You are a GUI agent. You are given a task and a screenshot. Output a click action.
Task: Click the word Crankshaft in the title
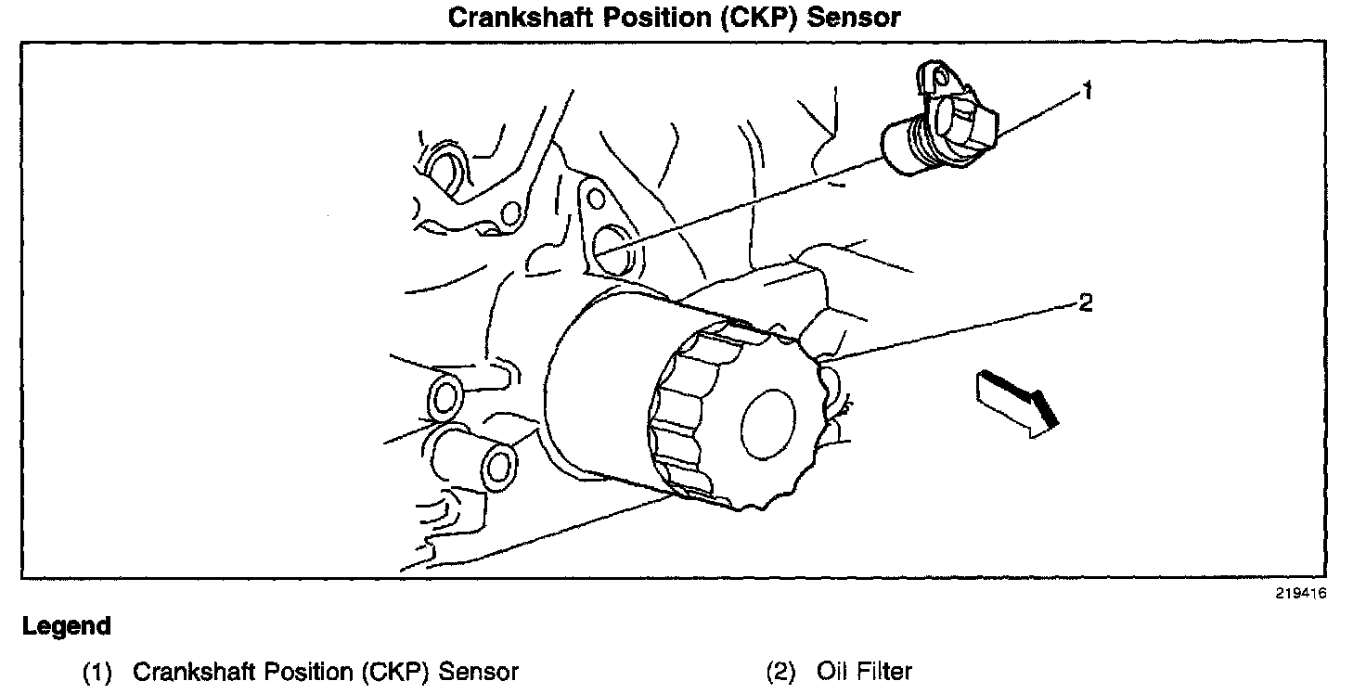click(x=521, y=17)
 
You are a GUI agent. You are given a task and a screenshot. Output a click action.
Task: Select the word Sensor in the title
click(x=854, y=17)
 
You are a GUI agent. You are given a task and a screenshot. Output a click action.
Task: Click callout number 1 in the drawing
click(x=1087, y=91)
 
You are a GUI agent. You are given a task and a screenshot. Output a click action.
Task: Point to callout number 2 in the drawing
click(x=1086, y=302)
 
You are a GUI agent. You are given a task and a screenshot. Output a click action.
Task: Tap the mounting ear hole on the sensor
click(x=940, y=77)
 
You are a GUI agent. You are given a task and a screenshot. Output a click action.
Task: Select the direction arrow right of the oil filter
click(x=1017, y=404)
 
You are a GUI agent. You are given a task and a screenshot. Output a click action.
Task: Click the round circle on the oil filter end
click(x=768, y=424)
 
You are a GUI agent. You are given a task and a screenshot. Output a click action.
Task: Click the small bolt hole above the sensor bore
click(x=596, y=199)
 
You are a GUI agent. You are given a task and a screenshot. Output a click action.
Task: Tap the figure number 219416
click(x=1300, y=594)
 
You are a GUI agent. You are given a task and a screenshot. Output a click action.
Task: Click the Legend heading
click(x=67, y=626)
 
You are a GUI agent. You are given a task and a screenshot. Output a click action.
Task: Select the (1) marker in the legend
click(x=97, y=672)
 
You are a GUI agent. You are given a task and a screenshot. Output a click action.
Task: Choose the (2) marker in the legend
click(x=780, y=672)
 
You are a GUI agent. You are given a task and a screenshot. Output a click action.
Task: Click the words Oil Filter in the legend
click(x=864, y=672)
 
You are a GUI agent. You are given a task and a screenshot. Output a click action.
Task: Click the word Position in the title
click(x=657, y=17)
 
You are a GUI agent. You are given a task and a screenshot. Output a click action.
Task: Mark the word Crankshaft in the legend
click(x=194, y=672)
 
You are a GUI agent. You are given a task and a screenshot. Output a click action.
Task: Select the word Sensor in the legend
click(x=479, y=672)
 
